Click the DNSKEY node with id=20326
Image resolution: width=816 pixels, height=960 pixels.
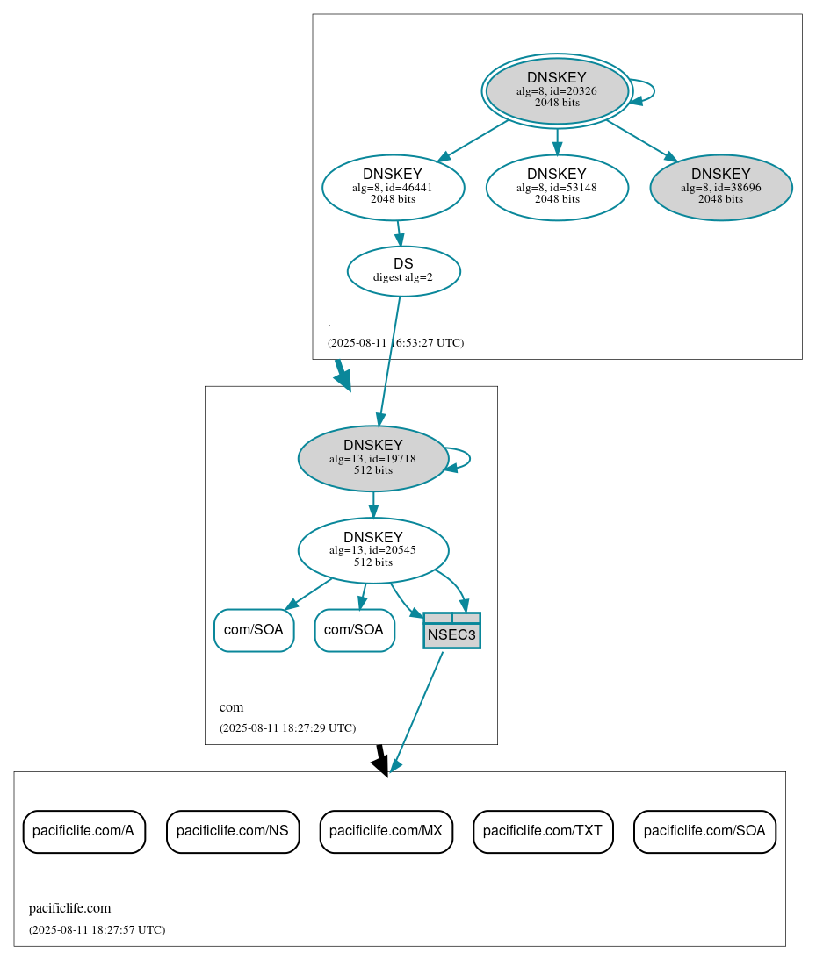point(557,90)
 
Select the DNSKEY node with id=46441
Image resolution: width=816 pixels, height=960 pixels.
point(393,187)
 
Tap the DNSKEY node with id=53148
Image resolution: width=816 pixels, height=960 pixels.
point(557,187)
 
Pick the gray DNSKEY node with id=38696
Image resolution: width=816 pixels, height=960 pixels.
point(720,187)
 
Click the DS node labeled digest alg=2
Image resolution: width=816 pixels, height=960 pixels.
point(403,271)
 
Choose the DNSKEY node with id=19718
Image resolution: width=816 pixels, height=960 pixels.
point(373,458)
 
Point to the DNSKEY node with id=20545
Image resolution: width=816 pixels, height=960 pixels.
point(373,550)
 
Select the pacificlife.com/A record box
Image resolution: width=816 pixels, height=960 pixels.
point(83,831)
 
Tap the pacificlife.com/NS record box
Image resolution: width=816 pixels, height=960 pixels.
point(233,831)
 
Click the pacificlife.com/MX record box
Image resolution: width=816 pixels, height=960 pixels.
point(386,831)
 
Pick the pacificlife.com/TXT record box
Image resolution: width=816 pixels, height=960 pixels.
point(543,831)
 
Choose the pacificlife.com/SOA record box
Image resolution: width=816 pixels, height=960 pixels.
point(704,831)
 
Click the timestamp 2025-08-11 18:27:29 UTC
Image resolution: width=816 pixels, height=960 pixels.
point(287,728)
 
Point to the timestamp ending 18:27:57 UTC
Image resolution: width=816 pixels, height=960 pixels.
point(97,930)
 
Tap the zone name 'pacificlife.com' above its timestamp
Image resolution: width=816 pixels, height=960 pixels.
point(70,908)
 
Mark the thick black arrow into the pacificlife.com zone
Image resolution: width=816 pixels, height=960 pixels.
point(380,760)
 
